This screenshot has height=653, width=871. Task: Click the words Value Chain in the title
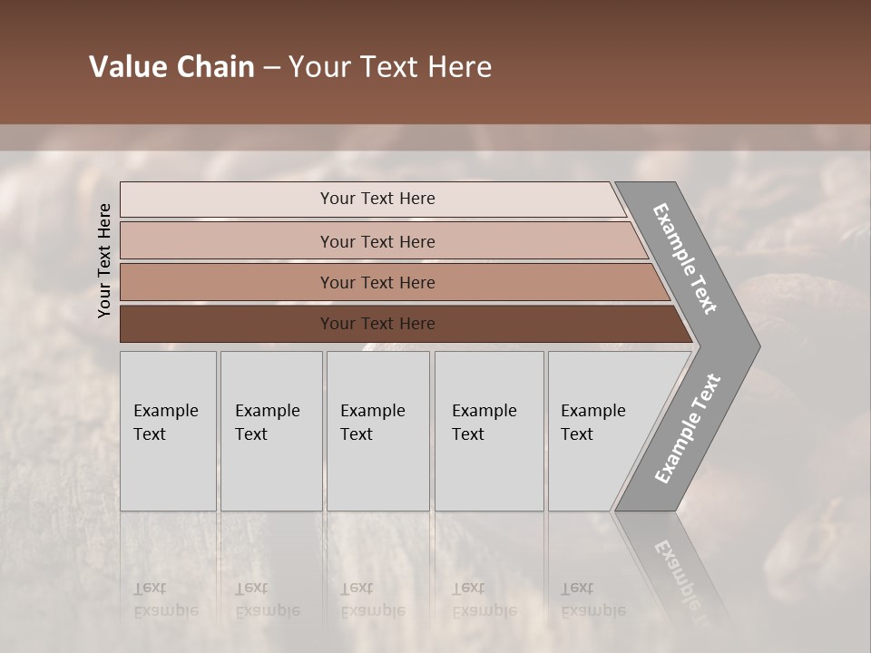click(171, 67)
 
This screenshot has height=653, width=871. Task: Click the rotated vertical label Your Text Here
click(104, 260)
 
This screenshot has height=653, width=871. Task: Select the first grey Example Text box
click(168, 431)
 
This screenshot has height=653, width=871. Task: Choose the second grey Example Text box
click(271, 431)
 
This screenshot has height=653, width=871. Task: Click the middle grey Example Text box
click(377, 431)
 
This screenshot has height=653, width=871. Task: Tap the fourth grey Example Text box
click(489, 431)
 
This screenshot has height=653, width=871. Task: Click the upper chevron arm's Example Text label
click(685, 258)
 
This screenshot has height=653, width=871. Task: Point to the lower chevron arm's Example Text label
click(688, 428)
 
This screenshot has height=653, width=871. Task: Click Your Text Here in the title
click(390, 67)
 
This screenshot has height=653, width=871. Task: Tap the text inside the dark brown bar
click(377, 324)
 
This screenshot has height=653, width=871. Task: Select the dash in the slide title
click(271, 67)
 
